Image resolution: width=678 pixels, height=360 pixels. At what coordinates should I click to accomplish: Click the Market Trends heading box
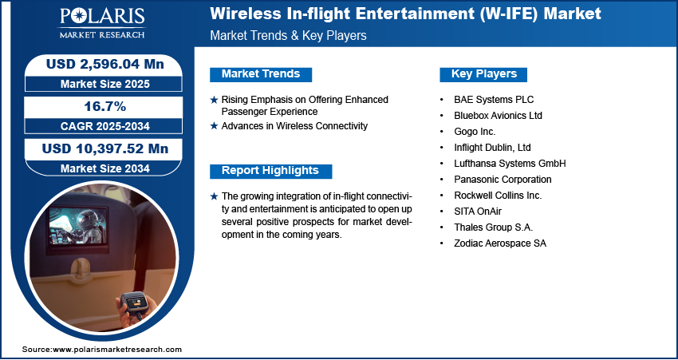pos(261,74)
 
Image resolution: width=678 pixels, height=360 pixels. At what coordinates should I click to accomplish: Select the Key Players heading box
pos(484,74)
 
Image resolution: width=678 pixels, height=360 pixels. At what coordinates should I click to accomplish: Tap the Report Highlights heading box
pos(270,171)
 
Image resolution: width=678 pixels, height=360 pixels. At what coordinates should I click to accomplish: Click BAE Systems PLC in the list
pos(494,100)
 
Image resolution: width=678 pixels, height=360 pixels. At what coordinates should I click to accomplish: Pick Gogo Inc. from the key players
pos(475,132)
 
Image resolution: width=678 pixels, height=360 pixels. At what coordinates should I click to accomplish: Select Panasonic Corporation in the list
pos(503,180)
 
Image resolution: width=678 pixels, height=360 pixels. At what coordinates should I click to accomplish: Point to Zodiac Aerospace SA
pos(500,243)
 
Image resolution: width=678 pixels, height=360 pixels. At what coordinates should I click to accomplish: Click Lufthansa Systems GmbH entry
pos(510,164)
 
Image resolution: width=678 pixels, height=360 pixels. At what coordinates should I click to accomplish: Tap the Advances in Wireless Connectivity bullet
pos(294,126)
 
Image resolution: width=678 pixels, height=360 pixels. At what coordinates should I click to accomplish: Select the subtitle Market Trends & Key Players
pos(288,36)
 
